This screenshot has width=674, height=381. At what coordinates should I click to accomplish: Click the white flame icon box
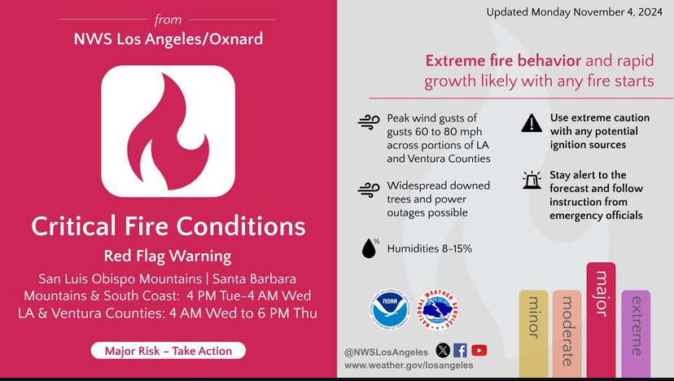[x=168, y=131]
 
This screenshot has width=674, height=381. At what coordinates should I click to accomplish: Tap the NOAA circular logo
[x=390, y=309]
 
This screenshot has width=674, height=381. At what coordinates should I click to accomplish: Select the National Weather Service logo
[x=438, y=309]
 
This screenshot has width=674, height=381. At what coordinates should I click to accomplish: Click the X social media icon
[x=443, y=350]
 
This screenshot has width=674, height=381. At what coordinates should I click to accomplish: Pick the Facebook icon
[x=461, y=350]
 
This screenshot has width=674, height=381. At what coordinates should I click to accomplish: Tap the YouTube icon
[x=479, y=350]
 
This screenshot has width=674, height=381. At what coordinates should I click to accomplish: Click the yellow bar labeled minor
[x=533, y=334]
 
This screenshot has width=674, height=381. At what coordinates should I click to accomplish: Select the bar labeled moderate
[x=567, y=334]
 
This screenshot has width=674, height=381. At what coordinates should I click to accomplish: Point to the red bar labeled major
[x=601, y=321]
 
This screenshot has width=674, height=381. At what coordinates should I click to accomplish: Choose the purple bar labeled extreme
[x=636, y=334]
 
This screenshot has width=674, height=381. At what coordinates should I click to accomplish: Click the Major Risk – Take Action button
[x=168, y=350]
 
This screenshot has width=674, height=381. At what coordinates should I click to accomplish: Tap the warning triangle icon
[x=532, y=123]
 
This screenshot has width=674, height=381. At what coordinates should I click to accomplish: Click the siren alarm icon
[x=532, y=180]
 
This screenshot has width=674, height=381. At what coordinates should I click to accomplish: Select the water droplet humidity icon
[x=370, y=247]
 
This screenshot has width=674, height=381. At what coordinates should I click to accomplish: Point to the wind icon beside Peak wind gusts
[x=369, y=122]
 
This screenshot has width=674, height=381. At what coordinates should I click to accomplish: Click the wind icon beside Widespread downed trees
[x=369, y=190]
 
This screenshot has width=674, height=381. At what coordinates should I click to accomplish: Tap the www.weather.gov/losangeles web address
[x=409, y=365]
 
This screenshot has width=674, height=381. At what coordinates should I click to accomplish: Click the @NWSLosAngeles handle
[x=386, y=353]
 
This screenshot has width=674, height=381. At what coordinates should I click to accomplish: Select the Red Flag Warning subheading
[x=168, y=256]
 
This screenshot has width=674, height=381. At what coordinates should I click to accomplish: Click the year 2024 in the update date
[x=650, y=12]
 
